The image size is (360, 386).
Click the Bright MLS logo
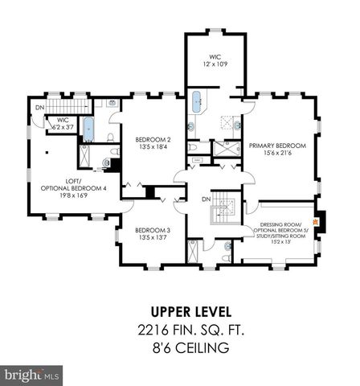click(x=32, y=375)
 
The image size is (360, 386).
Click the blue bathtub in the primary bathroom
click(x=197, y=104)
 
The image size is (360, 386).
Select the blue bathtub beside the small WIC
click(x=88, y=129)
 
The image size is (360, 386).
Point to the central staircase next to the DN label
click(x=220, y=211)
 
